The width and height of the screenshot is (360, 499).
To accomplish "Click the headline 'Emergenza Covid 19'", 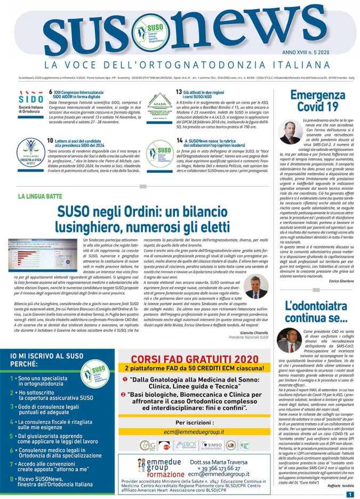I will [x=311, y=101].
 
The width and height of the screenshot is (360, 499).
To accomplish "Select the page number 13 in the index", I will [x=179, y=92].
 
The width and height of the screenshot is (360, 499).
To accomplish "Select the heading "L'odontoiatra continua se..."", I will [x=312, y=313].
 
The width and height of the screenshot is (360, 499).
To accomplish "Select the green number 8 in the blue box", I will [x=12, y=479].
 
